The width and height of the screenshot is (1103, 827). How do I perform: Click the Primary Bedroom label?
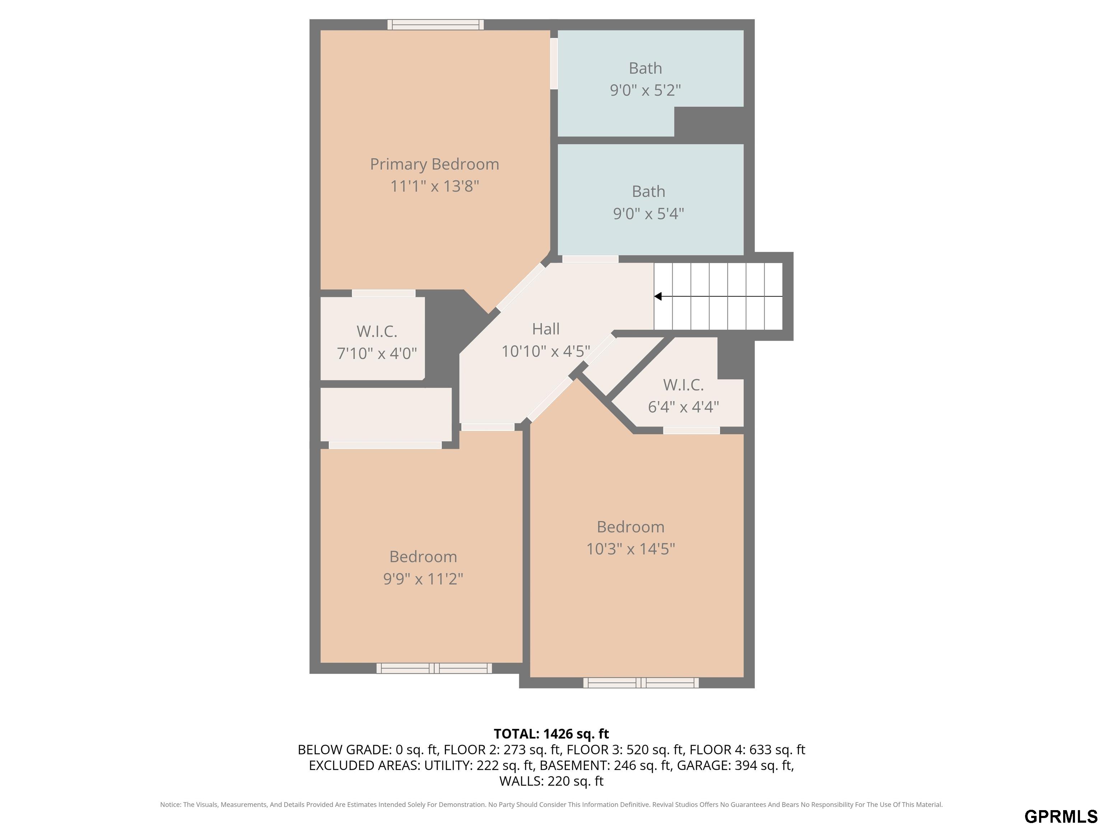[x=434, y=164]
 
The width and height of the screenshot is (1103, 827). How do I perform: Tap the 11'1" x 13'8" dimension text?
[x=434, y=186]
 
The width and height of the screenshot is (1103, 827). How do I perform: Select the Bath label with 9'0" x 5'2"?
[x=645, y=68]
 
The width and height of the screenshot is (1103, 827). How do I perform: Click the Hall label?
[x=545, y=329]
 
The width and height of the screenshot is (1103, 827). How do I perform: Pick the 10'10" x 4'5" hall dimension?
[x=545, y=351]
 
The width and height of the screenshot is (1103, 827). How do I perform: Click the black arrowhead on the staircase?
[x=658, y=296]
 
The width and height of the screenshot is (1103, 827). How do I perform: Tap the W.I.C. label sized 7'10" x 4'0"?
[x=377, y=332]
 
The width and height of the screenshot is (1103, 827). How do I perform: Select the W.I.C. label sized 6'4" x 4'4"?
[x=683, y=385]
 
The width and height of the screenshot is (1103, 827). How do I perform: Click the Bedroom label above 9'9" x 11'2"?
[x=423, y=556]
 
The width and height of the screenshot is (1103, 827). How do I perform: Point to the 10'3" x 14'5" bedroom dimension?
[x=630, y=549]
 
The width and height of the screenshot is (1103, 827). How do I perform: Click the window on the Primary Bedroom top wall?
[x=435, y=24]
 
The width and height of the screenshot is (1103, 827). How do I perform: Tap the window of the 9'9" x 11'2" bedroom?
[x=434, y=668]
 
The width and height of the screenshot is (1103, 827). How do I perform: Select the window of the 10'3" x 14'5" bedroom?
[x=641, y=683]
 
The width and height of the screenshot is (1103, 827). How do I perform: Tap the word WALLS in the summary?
[x=521, y=781]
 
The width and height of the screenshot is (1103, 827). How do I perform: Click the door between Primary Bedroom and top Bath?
[x=554, y=64]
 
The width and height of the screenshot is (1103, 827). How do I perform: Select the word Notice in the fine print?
[x=171, y=805]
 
